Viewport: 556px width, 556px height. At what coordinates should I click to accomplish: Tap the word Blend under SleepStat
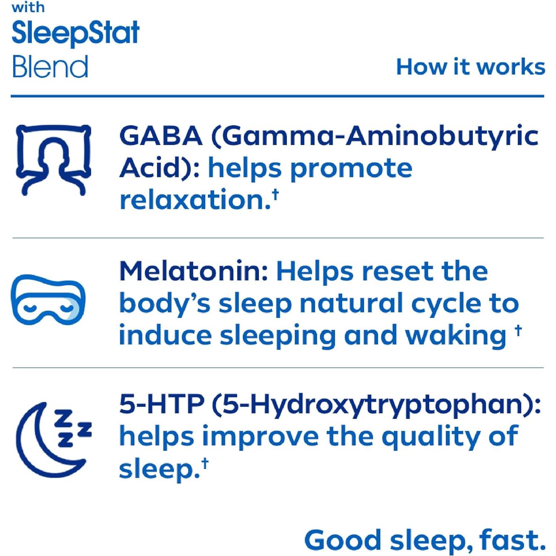(50, 67)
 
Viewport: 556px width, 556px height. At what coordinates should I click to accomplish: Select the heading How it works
(470, 67)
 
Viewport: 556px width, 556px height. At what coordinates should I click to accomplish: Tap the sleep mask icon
(48, 300)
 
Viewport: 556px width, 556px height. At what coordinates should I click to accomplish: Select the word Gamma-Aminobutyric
(380, 136)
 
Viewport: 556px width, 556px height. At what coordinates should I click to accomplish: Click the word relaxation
(195, 200)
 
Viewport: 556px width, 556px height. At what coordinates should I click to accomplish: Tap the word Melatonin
(193, 271)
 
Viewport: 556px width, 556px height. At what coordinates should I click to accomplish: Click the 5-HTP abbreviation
(162, 404)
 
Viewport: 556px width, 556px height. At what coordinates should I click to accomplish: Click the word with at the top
(28, 7)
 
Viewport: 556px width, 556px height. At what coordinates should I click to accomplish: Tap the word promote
(351, 169)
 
